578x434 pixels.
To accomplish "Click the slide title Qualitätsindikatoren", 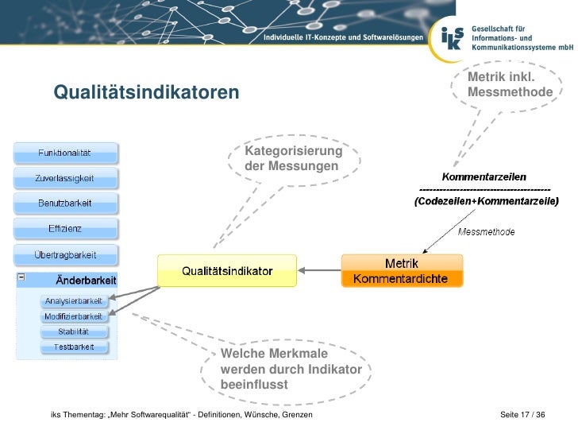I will (146, 93).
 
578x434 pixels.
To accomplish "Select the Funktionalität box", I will (65, 153).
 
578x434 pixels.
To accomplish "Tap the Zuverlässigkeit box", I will (65, 178).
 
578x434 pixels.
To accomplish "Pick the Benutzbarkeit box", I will (65, 203).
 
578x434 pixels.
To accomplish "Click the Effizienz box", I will (65, 229).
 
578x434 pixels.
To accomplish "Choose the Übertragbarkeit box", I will (65, 255).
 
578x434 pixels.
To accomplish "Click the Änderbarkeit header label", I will (86, 281).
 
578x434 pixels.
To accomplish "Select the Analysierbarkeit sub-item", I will (74, 301).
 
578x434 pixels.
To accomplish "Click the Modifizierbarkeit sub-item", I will (74, 316).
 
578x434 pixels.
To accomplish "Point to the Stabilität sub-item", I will (74, 331).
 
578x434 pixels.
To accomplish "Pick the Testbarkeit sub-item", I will (74, 347).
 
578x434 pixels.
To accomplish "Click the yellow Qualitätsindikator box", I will (227, 271).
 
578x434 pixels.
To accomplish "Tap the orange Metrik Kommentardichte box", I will (401, 271).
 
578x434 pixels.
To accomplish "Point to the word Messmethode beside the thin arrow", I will (487, 232).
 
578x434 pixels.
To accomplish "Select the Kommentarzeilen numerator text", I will (484, 176).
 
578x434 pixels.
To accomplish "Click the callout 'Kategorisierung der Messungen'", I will (294, 159).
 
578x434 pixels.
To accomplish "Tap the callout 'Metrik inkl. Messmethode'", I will (510, 85).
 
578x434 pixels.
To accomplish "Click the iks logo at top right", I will (451, 36).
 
